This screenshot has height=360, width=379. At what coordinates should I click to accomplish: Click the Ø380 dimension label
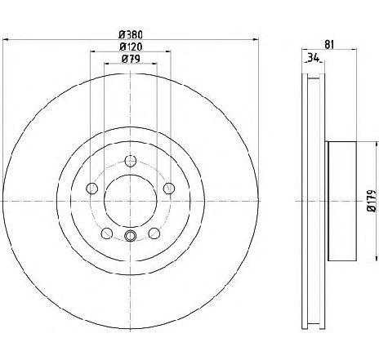pos(131,35)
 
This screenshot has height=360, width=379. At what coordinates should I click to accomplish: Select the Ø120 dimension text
pos(131,47)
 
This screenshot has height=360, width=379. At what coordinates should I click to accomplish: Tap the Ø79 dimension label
pos(131,59)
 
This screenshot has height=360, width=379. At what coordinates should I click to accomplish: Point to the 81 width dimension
pos(329,44)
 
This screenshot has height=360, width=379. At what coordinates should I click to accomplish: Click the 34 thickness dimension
pos(313,58)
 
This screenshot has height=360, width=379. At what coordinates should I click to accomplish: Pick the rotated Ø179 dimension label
pos(372,201)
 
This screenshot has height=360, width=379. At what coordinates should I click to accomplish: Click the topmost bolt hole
pos(131,161)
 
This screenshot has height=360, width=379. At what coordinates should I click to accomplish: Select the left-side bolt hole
pos(91,189)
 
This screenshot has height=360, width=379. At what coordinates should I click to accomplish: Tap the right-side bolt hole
pos(169,189)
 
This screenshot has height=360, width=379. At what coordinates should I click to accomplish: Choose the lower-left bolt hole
pos(107,233)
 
